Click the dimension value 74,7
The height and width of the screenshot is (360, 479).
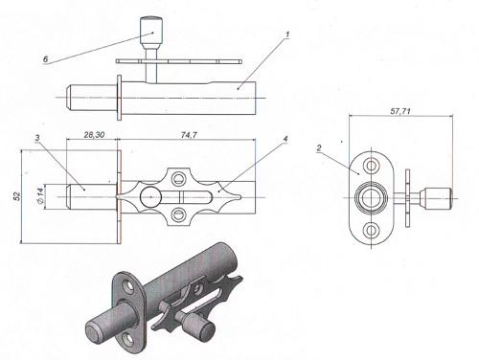tap(189, 135)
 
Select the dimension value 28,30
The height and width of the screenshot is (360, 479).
tap(94, 135)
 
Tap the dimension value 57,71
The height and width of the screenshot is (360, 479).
tap(400, 111)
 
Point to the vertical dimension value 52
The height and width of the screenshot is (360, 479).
tap(17, 196)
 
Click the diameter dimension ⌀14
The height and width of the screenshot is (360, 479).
tap(40, 196)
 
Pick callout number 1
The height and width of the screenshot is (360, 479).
tap(287, 34)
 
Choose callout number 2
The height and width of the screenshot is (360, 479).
tap(319, 148)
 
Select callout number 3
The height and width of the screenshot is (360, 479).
tap(37, 138)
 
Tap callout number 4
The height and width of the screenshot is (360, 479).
tap(285, 139)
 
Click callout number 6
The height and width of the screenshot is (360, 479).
tap(45, 59)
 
